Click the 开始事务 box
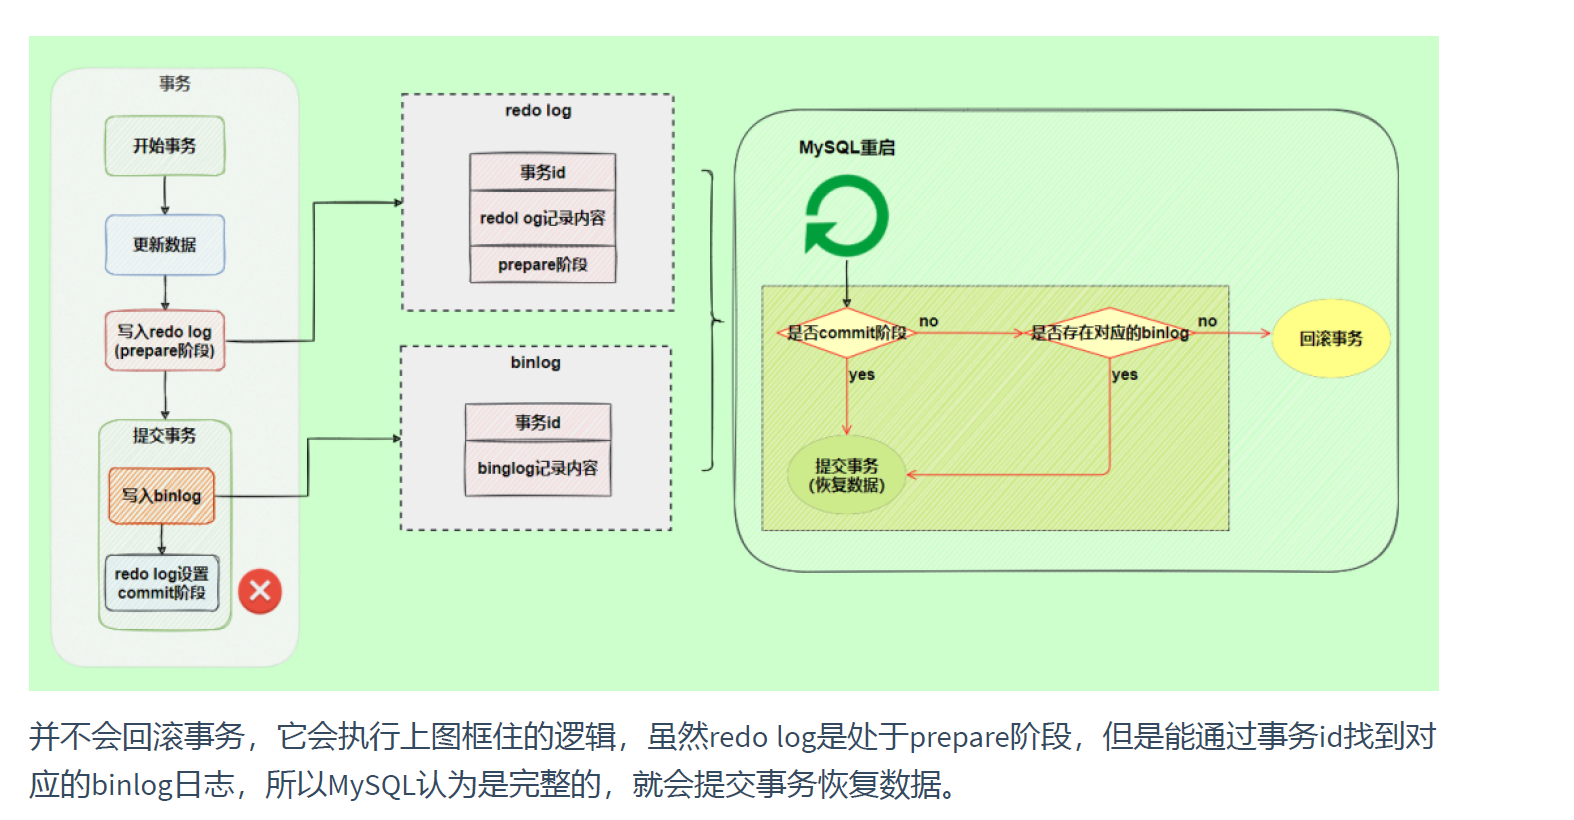click(x=165, y=146)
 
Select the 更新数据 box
click(x=165, y=244)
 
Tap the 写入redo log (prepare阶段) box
click(x=165, y=341)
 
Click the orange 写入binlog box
click(x=162, y=496)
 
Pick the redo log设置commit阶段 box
click(x=162, y=583)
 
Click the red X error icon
click(x=260, y=591)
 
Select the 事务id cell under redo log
click(x=543, y=172)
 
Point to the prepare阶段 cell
click(x=543, y=265)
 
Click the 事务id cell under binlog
click(x=538, y=422)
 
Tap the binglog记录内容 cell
click(x=538, y=468)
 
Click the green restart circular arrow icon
click(x=846, y=216)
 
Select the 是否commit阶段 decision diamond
click(x=846, y=333)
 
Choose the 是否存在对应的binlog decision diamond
click(x=1110, y=333)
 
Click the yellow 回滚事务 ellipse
click(x=1331, y=339)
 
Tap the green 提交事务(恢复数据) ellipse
click(x=846, y=476)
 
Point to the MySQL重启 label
click(x=847, y=148)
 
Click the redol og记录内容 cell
click(x=543, y=218)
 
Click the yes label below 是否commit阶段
click(x=862, y=375)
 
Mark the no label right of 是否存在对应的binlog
click(x=1208, y=321)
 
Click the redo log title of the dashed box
click(x=538, y=111)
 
